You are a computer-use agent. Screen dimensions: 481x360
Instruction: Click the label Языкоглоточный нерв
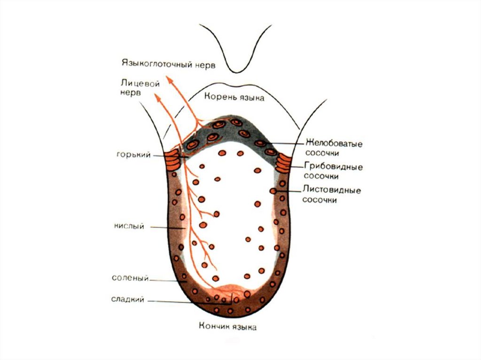pos(168,63)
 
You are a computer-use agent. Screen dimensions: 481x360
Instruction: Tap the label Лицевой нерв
pos(134,87)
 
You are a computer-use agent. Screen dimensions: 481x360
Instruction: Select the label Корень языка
pos(234,98)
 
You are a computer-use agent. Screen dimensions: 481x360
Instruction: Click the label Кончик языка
pos(227,327)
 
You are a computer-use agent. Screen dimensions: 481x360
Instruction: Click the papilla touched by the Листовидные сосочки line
pos(273,191)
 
